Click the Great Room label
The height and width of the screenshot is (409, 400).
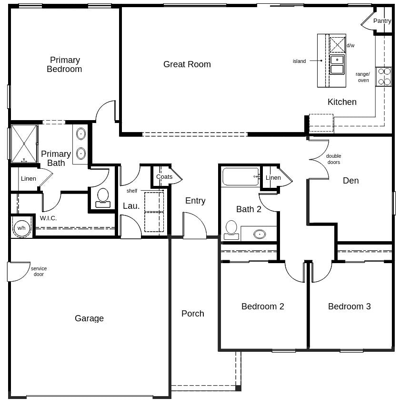pos(187,64)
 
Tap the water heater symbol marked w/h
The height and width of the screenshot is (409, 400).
pos(21,228)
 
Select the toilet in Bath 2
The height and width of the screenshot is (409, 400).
pos(231,230)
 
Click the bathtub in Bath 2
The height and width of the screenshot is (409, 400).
pos(241,177)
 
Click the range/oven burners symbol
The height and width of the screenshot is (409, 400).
pos(384,77)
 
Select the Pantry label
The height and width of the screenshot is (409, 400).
pos(382,21)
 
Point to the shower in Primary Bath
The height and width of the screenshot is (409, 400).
pos(24,143)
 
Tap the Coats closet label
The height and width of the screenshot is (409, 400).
pos(164,177)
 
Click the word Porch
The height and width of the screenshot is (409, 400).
pos(193,314)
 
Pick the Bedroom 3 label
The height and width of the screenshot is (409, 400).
pos(349,307)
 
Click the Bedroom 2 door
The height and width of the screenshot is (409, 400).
pos(295,272)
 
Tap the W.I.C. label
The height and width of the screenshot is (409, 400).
pos(49,218)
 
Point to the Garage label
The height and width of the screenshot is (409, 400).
pos(89,318)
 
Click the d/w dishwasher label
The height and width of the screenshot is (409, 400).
pos(350,46)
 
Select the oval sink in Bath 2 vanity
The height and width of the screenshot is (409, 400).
pos(260,234)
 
